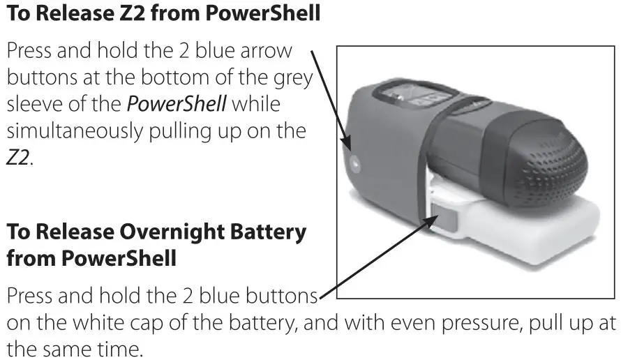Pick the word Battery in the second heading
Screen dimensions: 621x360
(x=270, y=232)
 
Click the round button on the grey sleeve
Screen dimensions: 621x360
(x=355, y=165)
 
